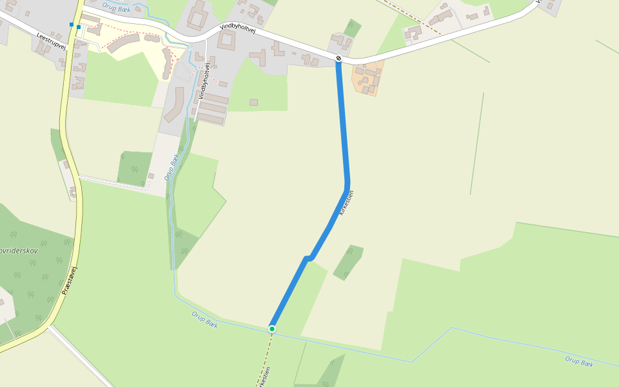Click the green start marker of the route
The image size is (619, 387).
(272, 329)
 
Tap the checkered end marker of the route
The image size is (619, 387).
(339, 59)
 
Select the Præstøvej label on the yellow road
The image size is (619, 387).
(70, 281)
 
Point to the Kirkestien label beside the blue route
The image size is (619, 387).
(347, 203)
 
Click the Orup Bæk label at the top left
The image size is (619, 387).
(116, 8)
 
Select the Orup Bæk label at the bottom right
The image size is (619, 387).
(578, 362)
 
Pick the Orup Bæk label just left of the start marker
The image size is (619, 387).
(204, 319)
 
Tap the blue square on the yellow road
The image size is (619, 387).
(72, 25)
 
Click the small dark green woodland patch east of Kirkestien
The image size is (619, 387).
(348, 261)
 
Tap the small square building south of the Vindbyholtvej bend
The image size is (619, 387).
(253, 103)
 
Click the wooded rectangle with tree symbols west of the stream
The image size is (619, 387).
(134, 166)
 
